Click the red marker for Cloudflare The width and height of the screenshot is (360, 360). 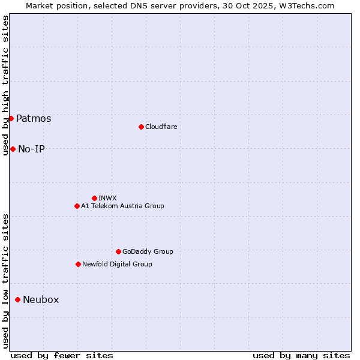point(141,127)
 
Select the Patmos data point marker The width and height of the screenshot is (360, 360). point(11,118)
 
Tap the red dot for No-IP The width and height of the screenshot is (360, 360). point(13,149)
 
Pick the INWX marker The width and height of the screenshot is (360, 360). point(94,198)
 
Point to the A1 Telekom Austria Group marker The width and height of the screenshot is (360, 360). point(77,206)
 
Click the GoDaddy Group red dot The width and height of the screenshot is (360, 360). point(118,251)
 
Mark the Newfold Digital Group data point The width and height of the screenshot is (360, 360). point(78,264)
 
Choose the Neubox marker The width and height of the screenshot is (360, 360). point(17,299)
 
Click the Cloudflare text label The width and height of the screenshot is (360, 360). point(161,127)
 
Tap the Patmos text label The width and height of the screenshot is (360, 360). point(34,118)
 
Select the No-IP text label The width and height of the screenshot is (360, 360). point(31,149)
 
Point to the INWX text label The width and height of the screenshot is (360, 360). point(107,198)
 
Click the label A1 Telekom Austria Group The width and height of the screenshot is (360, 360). point(122,206)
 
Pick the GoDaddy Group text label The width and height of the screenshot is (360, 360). point(148,251)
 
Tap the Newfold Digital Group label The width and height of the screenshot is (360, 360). point(117,264)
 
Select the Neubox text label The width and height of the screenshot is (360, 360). point(41,299)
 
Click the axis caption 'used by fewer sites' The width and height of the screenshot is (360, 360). point(62,355)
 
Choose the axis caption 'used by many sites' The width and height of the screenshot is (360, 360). point(301,355)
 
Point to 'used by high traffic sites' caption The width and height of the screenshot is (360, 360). point(5,85)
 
